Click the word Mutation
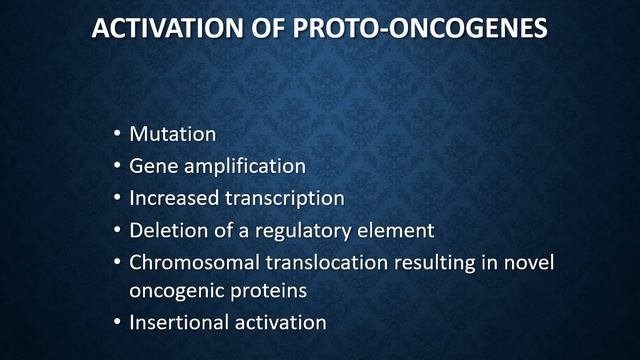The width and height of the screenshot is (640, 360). click(x=172, y=134)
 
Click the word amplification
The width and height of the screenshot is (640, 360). click(x=243, y=166)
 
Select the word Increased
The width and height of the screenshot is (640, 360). click(x=174, y=198)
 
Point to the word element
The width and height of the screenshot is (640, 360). click(x=399, y=230)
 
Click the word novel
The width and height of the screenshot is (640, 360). click(x=530, y=262)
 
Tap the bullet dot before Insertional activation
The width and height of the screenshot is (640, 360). click(x=117, y=323)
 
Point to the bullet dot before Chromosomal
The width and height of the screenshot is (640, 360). click(x=117, y=262)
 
